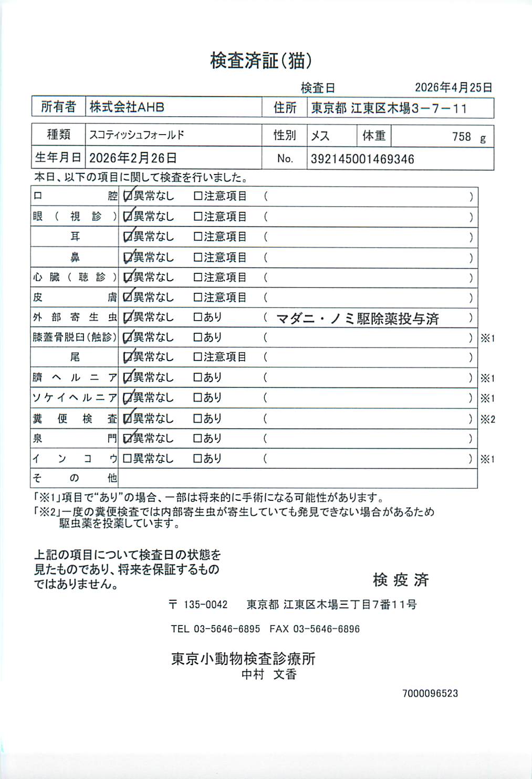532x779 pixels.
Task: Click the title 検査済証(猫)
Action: pos(261,61)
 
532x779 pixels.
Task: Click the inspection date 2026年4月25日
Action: pos(453,88)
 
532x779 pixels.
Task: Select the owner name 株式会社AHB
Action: pos(127,107)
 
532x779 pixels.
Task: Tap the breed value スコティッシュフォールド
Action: pos(137,135)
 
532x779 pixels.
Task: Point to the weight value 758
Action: pos(461,137)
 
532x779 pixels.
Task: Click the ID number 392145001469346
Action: pos(362,159)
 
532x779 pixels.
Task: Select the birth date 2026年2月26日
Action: pos(133,158)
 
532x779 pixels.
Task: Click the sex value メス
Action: pos(320,136)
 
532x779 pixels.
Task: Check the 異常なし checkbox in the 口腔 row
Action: pos(127,197)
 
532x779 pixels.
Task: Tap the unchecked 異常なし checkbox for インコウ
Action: pos(127,459)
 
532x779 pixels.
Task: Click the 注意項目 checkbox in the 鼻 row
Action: pos(198,258)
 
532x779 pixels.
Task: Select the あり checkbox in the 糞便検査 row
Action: pos(198,419)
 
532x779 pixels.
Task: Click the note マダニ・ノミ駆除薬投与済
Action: pos(357,319)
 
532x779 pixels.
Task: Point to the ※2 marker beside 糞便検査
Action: pos(487,419)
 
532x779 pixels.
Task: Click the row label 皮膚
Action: pos(75,298)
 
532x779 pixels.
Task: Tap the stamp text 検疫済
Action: pos(401,580)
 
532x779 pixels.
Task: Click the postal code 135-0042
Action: pos(205,604)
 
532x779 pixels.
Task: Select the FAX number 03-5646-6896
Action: pos(326,629)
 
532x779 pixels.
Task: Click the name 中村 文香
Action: pos(269,674)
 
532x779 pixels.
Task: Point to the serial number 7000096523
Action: pos(430,693)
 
